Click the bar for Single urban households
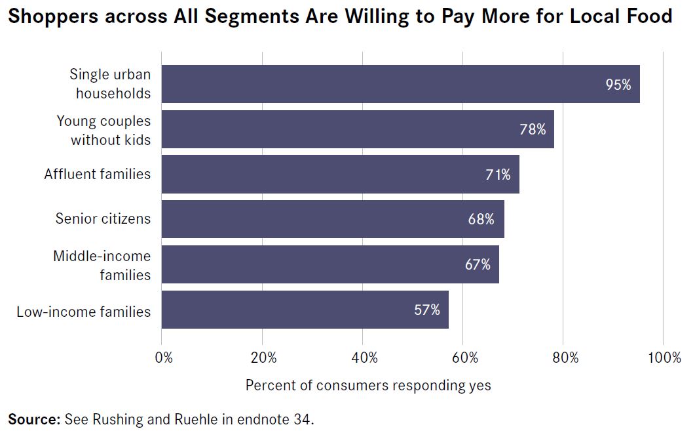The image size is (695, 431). [401, 84]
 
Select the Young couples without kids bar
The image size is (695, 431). [358, 129]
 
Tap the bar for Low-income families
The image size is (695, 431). [305, 310]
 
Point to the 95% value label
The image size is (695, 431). [618, 85]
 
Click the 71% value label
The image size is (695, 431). [498, 174]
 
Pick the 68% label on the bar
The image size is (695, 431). [481, 219]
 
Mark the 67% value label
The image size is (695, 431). [478, 264]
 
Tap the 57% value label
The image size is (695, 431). [427, 310]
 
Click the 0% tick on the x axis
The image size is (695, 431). [164, 358]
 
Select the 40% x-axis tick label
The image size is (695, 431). [364, 358]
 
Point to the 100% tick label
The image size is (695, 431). [664, 358]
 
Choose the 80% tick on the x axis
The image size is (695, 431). [565, 358]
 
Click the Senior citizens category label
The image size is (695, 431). [103, 218]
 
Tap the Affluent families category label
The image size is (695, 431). [98, 174]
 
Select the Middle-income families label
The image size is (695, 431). [102, 266]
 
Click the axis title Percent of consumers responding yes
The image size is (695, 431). [368, 385]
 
